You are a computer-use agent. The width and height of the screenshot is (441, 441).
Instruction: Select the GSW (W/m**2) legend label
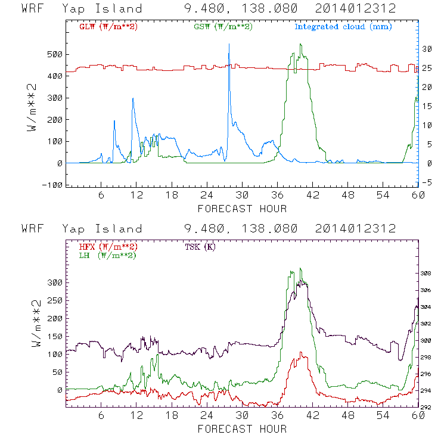coord(224,26)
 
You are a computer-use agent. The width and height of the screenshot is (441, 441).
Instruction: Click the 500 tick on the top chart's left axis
coord(55,54)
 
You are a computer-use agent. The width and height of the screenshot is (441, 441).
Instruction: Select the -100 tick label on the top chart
coord(51,185)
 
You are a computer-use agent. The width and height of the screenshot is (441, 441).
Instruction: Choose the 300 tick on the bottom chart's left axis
coord(55,283)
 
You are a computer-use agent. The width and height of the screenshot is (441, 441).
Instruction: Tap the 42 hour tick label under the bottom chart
coord(312,416)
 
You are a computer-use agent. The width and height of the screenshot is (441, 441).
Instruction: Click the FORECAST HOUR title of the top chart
coord(242,209)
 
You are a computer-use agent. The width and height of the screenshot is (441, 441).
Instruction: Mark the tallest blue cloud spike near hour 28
coord(229,53)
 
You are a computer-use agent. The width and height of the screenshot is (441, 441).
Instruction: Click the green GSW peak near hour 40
coord(301,45)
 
